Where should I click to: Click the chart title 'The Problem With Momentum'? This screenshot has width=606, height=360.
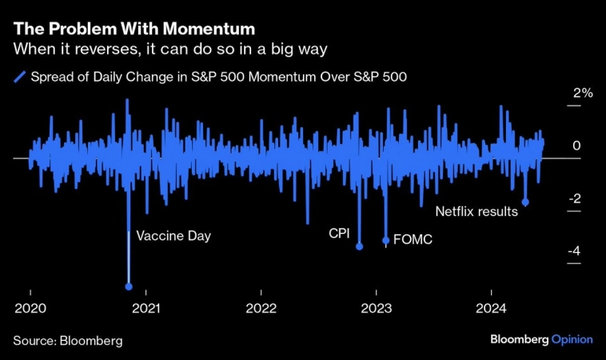134,30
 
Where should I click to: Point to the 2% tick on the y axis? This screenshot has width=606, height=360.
581,94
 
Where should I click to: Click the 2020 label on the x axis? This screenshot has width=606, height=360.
30,309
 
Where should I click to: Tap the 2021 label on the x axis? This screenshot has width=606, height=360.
146,309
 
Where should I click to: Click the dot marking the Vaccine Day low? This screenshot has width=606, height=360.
129,286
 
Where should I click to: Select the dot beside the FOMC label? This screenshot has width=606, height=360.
386,240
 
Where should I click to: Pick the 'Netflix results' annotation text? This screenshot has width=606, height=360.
477,212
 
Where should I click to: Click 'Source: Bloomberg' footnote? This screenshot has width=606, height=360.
68,340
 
